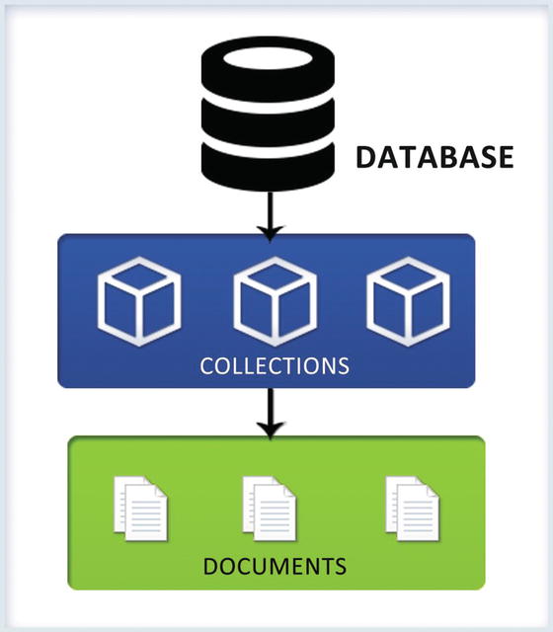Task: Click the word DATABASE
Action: [435, 157]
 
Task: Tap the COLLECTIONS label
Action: [275, 365]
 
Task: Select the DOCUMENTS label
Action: [275, 567]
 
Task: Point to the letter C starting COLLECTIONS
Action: [206, 365]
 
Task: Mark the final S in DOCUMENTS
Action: [340, 567]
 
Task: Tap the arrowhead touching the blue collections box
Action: [269, 230]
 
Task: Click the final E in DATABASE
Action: [505, 157]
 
